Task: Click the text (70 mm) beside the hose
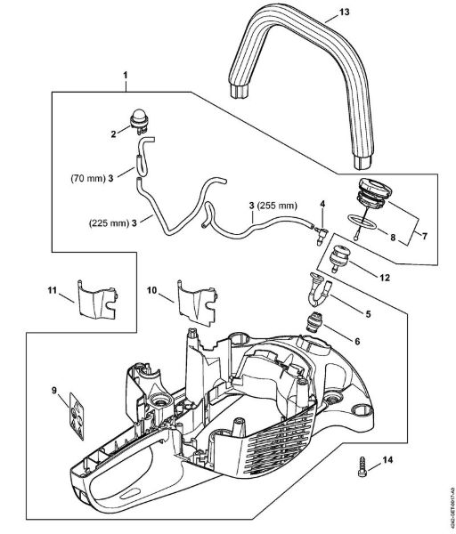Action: [x=85, y=179]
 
